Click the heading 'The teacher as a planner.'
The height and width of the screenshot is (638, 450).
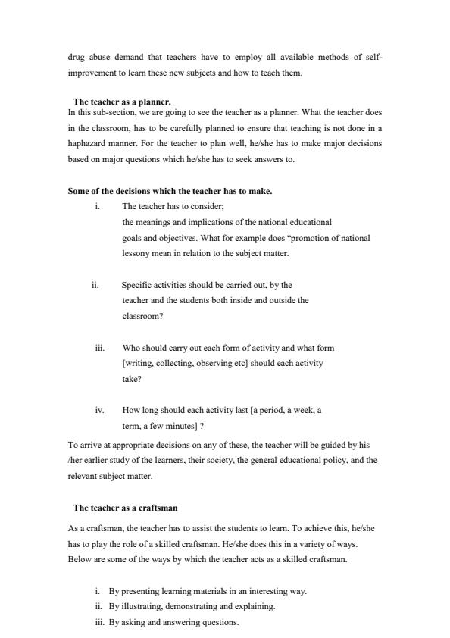tap(122, 101)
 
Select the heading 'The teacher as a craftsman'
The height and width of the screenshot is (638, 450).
tap(125, 507)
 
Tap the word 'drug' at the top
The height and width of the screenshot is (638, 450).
tap(77, 58)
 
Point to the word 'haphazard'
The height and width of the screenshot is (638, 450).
tap(88, 142)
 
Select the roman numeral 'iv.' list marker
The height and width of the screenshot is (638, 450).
tap(99, 410)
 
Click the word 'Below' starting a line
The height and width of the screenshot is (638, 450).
tap(79, 559)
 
